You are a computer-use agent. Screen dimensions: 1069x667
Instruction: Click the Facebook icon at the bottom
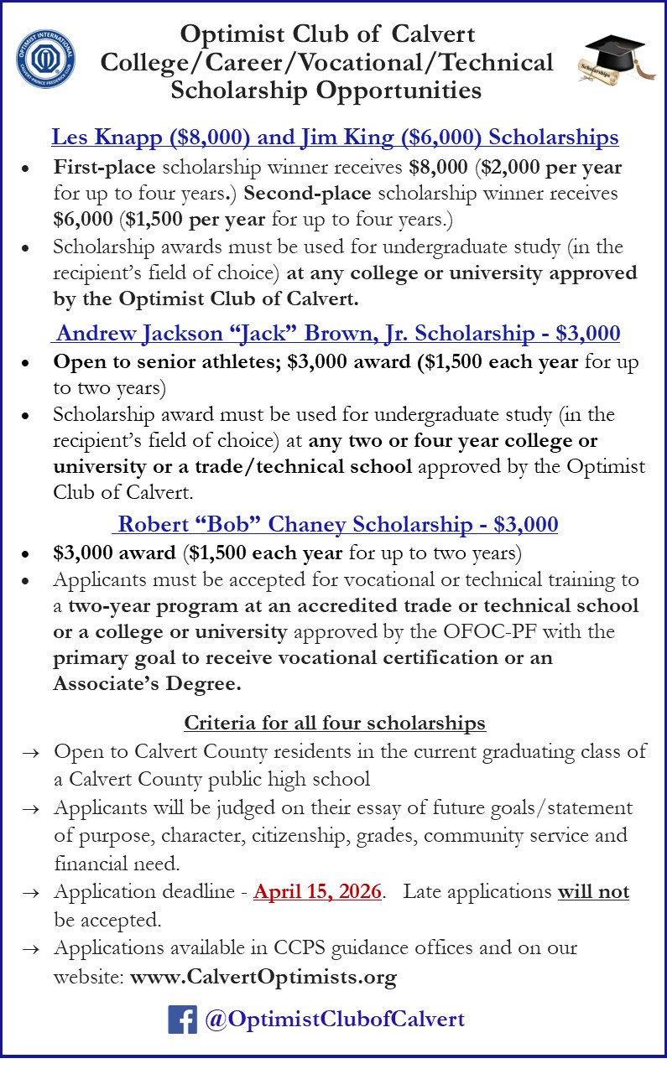point(182,1019)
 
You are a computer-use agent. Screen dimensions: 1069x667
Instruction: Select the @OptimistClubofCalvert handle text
point(333,1020)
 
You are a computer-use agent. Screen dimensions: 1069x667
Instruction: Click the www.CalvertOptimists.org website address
point(263,977)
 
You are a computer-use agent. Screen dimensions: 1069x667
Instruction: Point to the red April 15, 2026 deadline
point(318,891)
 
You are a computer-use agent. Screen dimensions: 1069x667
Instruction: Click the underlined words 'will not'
point(593,891)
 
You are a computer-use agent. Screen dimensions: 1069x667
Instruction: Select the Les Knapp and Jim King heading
point(335,137)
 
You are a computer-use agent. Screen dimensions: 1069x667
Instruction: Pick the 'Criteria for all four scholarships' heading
point(335,722)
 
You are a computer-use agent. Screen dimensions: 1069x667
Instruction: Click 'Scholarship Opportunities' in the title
point(326,90)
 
